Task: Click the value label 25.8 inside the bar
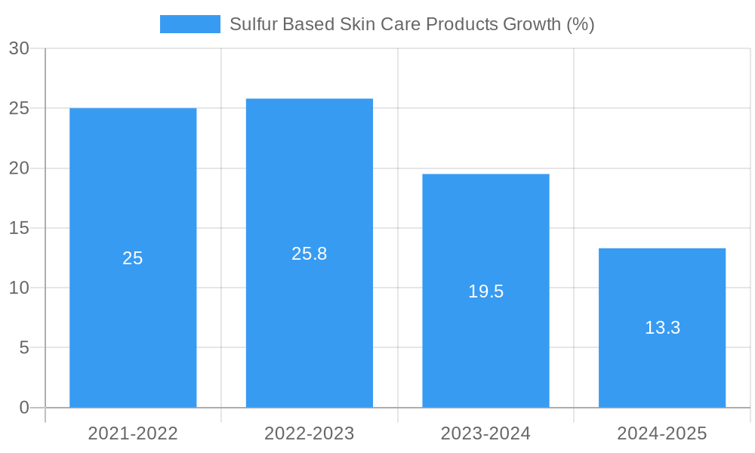click(310, 254)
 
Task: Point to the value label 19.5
click(485, 291)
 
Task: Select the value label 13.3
click(662, 328)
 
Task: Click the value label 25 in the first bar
click(133, 258)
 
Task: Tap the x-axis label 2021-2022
click(133, 433)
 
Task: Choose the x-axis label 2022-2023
click(310, 433)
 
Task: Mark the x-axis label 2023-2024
click(485, 433)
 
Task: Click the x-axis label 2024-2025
click(662, 433)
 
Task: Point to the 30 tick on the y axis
click(19, 48)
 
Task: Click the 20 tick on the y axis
click(19, 168)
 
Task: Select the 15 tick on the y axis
click(19, 228)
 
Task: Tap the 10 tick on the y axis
click(19, 288)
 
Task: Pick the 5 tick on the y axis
click(24, 348)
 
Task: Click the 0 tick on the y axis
click(24, 408)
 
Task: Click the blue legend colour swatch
click(190, 24)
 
